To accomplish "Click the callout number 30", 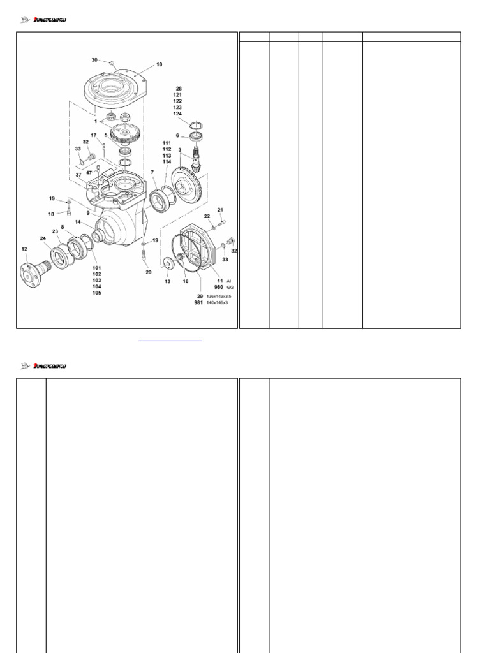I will tap(94, 60).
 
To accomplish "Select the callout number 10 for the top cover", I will tap(159, 64).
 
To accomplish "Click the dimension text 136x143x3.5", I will tap(219, 296).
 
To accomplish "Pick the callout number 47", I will tap(89, 172).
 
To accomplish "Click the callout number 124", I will tap(177, 114).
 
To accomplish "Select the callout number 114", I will tap(167, 162).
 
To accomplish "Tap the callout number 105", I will tap(96, 293).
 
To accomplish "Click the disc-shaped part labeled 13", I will tap(168, 265).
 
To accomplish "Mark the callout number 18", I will tap(51, 214).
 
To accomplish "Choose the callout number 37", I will tap(78, 174).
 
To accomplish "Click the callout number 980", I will tap(218, 288).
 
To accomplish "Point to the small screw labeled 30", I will tap(111, 63).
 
